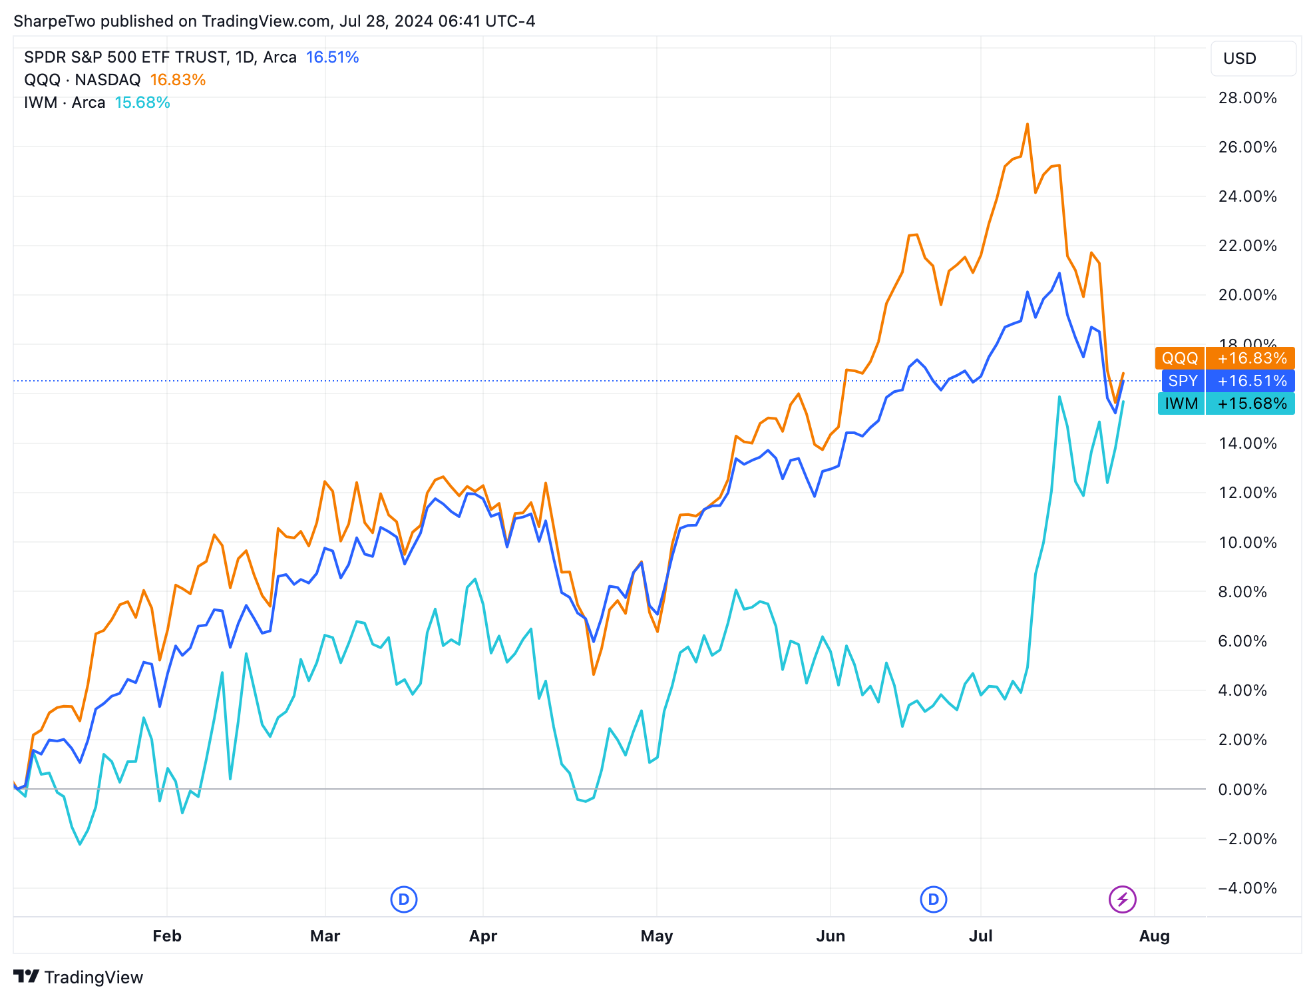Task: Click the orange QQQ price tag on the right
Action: pos(1224,358)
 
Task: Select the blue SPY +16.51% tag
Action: pos(1228,381)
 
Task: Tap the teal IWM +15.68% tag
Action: pos(1226,403)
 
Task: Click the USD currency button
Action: pos(1240,59)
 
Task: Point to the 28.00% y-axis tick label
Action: pos(1247,98)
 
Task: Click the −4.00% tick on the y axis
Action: pos(1247,887)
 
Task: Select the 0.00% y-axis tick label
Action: pos(1247,789)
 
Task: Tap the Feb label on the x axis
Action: pos(167,935)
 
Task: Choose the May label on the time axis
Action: pos(657,935)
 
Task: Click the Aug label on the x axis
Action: pos(1154,935)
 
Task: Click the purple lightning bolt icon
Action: pos(1123,899)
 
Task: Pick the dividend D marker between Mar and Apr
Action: pos(403,899)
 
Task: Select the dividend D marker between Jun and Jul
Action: pos(934,899)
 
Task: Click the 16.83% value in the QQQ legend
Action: pos(178,80)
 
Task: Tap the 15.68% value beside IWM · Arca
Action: pos(142,103)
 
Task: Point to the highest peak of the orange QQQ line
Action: pos(1028,125)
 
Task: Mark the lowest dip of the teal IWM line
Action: pos(81,844)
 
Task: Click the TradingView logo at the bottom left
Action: pos(79,977)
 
